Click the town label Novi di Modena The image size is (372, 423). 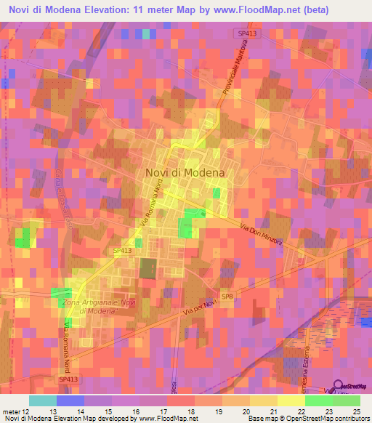(185, 172)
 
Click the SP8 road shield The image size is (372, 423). (227, 297)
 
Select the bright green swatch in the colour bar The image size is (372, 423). (318, 400)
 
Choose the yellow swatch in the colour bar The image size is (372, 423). (291, 400)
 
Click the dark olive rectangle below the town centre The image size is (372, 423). (148, 267)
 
